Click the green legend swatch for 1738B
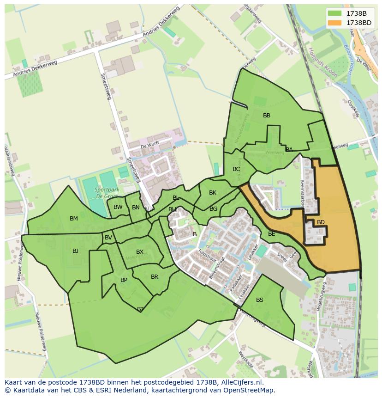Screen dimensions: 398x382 coord(335,13)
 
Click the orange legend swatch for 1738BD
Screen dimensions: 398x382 coord(335,22)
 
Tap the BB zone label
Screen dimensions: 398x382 coord(267,116)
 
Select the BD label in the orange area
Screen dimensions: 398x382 coord(321,222)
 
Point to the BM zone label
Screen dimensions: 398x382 coord(74,219)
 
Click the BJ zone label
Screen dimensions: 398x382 coord(75,251)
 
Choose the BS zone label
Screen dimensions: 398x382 coord(260,300)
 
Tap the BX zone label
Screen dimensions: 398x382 coord(140,252)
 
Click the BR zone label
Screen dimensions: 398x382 coord(155,277)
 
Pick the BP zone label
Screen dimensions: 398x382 coord(124,280)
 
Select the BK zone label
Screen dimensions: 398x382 coord(212,193)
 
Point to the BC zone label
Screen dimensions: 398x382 coord(236,169)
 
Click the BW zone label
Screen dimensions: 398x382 coord(118,207)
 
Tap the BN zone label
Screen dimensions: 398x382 coord(136,208)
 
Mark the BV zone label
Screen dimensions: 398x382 coord(108,238)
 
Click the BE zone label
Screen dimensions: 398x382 coord(272,234)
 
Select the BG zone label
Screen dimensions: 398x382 coord(213,209)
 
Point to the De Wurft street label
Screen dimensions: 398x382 coord(150,145)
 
